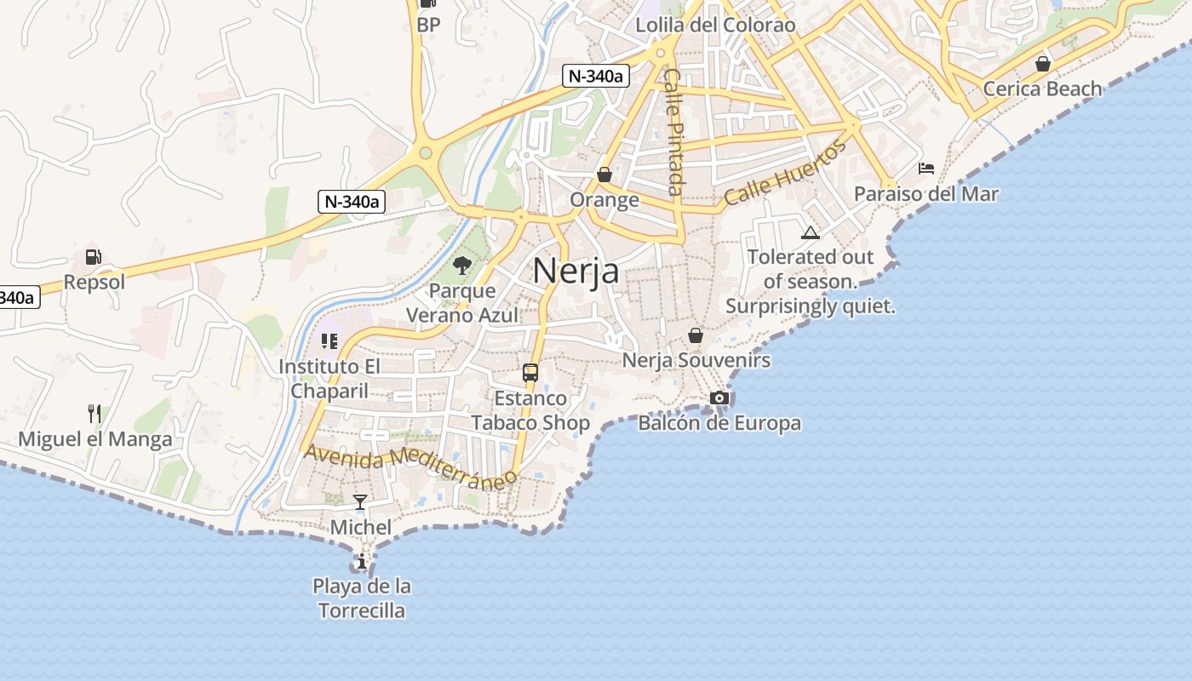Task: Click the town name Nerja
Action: [576, 271]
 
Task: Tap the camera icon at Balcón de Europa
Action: [719, 398]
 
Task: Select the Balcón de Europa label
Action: [719, 423]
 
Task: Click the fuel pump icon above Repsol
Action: [93, 256]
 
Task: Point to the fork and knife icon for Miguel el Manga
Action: [95, 414]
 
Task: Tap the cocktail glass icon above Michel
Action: [360, 501]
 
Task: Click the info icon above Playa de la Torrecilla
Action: [362, 561]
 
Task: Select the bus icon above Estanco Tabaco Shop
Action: [530, 372]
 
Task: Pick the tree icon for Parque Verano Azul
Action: [462, 266]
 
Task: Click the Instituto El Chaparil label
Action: [330, 379]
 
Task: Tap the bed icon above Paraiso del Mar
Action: [926, 169]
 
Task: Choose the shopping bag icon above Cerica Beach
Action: [1042, 64]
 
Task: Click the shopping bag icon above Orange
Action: [605, 175]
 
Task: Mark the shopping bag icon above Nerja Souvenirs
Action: [696, 335]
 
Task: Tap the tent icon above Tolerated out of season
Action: [810, 232]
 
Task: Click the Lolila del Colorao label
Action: [715, 25]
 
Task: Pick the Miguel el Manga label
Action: [95, 440]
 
